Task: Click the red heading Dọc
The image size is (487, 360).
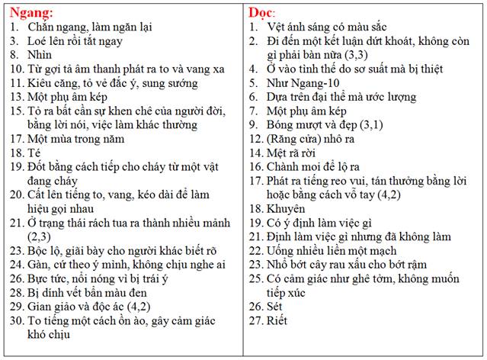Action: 263,12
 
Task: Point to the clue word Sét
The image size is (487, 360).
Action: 276,306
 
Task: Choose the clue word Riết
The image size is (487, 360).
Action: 278,320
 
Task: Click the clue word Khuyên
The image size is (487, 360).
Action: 287,208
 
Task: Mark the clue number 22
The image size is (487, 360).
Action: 255,250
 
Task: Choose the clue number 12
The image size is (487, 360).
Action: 255,138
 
